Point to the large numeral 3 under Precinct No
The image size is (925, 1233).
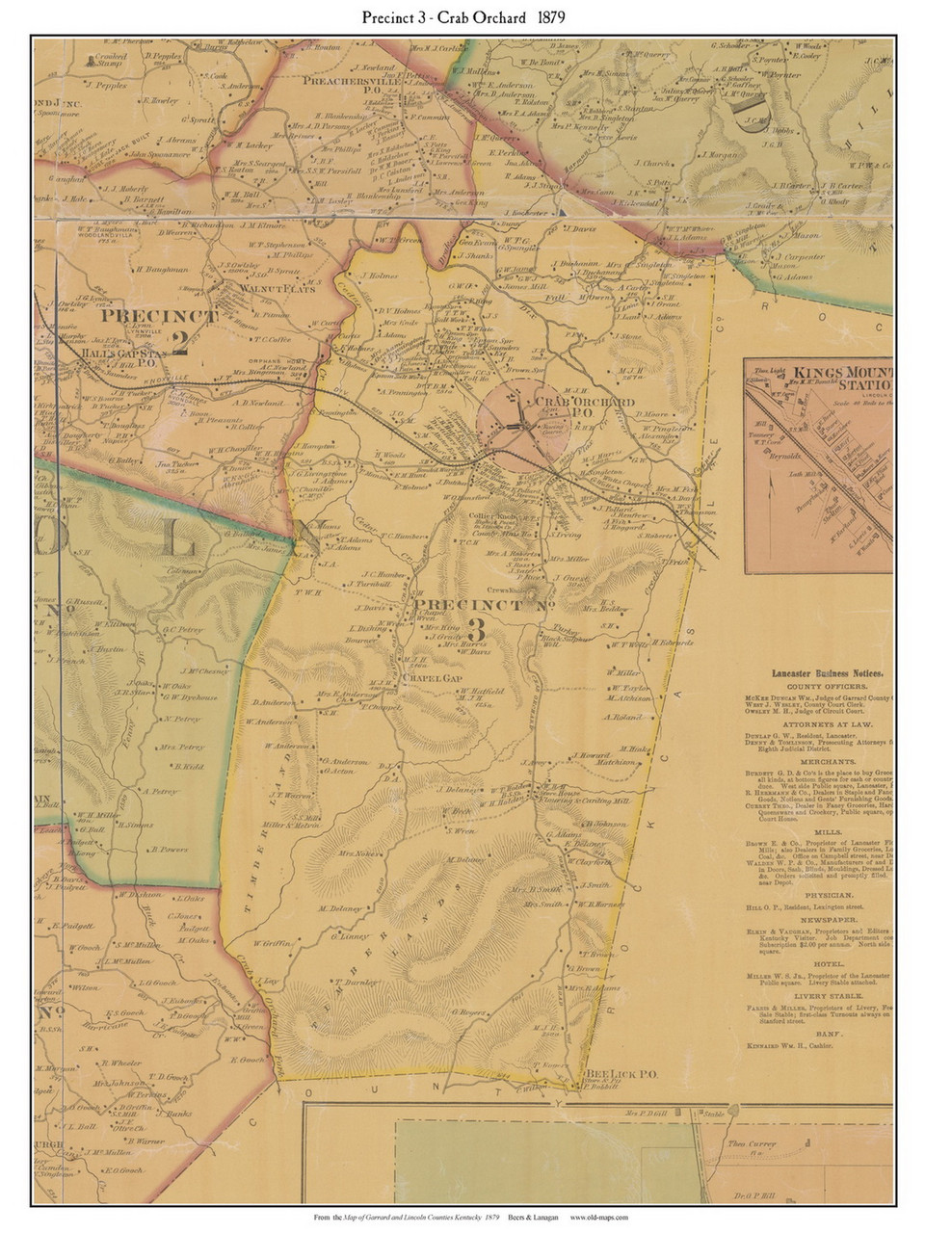pos(476,629)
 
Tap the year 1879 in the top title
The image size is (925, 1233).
pos(546,17)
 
